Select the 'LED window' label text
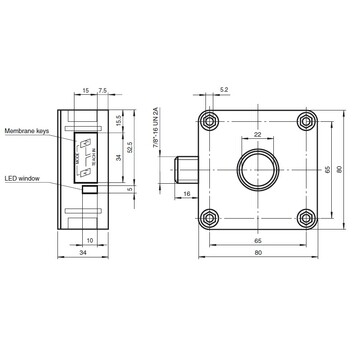coord(21,178)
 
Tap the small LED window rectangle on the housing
coord(90,187)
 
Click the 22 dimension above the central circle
coord(257,135)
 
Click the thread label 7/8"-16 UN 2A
coord(156,130)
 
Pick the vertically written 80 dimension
coord(339,168)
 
